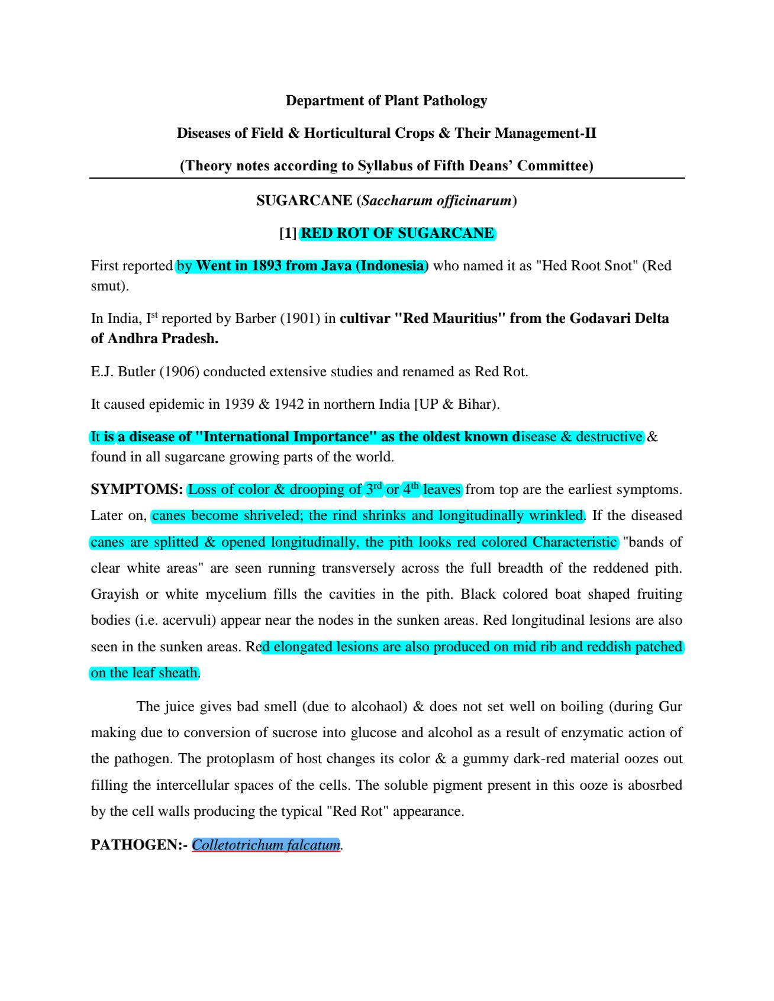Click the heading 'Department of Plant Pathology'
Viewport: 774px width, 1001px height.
[x=386, y=101]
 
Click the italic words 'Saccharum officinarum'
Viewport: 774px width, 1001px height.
[x=437, y=201]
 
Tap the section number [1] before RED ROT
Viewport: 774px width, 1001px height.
[x=288, y=233]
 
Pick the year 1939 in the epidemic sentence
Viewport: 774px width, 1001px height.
[x=239, y=404]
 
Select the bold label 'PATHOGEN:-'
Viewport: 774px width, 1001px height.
[x=139, y=844]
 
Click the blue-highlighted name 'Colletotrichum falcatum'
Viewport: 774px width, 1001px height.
[x=266, y=844]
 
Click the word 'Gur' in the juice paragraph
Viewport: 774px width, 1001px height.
[x=670, y=706]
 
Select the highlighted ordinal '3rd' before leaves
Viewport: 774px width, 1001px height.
[x=374, y=489]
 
